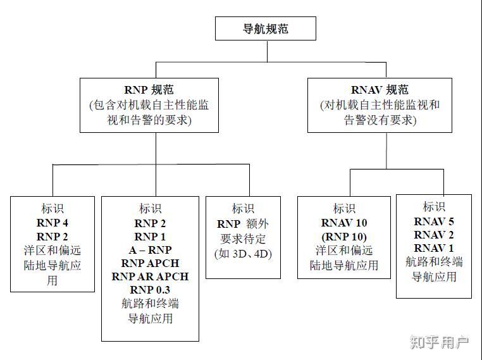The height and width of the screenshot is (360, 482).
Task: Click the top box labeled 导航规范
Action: [x=266, y=28]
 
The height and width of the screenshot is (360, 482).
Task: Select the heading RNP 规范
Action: [x=149, y=90]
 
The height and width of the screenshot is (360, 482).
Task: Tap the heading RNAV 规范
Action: [x=380, y=90]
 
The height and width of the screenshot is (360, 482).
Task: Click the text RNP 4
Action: [x=53, y=223]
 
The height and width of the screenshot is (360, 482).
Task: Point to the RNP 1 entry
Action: [x=150, y=237]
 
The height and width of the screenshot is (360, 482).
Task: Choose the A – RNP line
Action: [x=150, y=250]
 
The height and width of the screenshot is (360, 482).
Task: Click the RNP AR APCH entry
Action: [x=150, y=276]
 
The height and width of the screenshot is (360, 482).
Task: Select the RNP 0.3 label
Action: [x=150, y=290]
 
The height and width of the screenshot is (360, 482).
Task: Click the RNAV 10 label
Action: [x=344, y=223]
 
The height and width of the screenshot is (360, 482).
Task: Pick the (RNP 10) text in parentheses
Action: [x=344, y=236]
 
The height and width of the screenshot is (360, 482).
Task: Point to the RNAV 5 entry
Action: [x=434, y=221]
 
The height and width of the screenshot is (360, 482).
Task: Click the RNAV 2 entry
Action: [x=434, y=234]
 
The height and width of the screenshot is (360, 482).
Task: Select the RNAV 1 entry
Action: [x=434, y=247]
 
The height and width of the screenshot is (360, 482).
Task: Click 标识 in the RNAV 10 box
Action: [x=344, y=209]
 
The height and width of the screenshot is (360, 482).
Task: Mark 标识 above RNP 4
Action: [x=53, y=209]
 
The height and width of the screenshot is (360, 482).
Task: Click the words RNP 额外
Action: [x=243, y=224]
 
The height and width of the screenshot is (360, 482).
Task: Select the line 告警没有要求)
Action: [x=380, y=120]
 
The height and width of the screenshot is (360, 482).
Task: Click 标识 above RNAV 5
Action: [x=434, y=207]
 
